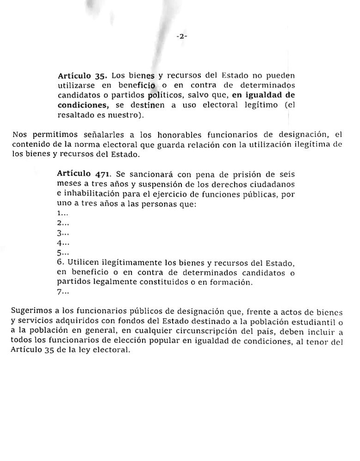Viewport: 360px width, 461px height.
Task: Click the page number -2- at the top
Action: coord(181,37)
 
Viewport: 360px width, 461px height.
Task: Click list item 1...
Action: coord(63,213)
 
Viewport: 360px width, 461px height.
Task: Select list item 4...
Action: coord(63,243)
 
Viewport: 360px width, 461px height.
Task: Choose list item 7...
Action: coord(63,292)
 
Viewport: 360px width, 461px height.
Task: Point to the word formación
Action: coord(232,282)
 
